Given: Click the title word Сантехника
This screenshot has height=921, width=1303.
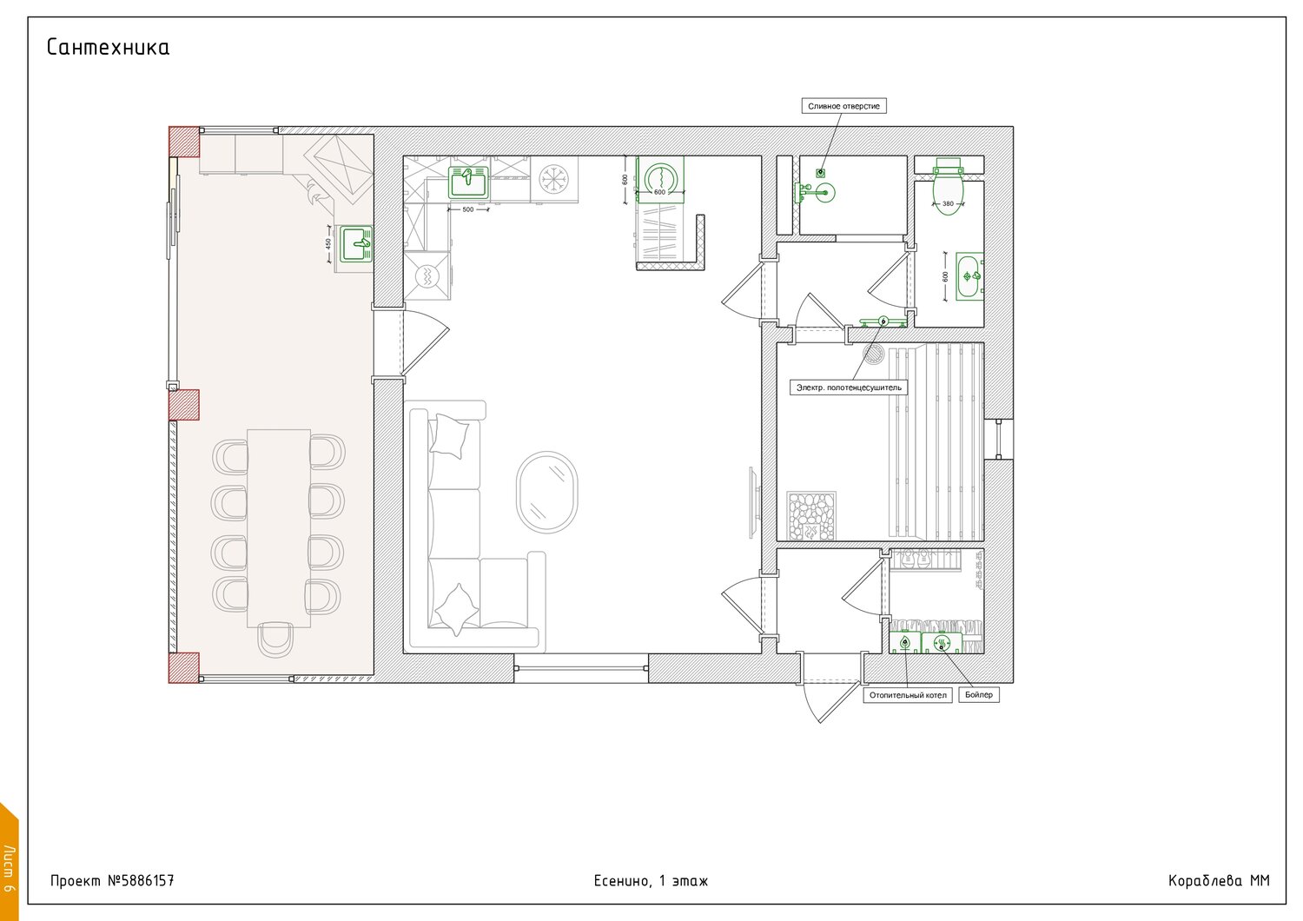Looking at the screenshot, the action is pyautogui.click(x=108, y=47).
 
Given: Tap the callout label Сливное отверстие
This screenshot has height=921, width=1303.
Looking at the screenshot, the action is pyautogui.click(x=843, y=106).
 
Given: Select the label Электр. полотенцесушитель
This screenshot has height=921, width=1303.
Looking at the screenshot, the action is pyautogui.click(x=848, y=388).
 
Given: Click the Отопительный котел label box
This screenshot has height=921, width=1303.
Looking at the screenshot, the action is pyautogui.click(x=908, y=695).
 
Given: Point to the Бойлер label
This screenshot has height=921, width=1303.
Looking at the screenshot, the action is pyautogui.click(x=978, y=695).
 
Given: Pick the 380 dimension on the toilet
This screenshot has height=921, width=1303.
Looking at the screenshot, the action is pyautogui.click(x=949, y=203).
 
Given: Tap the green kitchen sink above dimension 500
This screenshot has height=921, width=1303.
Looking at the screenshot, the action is pyautogui.click(x=468, y=182).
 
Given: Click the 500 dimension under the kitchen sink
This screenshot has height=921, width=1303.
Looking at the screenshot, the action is pyautogui.click(x=468, y=209).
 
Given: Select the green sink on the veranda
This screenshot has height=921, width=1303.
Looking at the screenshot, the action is pyautogui.click(x=356, y=244).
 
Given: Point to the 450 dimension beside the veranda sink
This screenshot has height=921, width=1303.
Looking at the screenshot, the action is pyautogui.click(x=328, y=244).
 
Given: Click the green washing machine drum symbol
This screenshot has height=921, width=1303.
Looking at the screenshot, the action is pyautogui.click(x=660, y=177).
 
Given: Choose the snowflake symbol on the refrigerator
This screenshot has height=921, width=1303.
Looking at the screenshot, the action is pyautogui.click(x=553, y=179).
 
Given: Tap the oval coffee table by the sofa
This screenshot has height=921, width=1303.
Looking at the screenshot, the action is pyautogui.click(x=546, y=492).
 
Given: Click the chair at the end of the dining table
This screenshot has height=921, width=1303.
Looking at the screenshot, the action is pyautogui.click(x=275, y=640).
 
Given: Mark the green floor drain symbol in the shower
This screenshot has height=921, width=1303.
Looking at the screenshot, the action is pyautogui.click(x=820, y=173).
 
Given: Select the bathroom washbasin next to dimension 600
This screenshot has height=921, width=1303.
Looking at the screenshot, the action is pyautogui.click(x=969, y=276).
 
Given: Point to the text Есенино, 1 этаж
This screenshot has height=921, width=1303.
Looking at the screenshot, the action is pyautogui.click(x=651, y=881).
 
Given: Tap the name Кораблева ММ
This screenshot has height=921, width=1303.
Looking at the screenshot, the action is pyautogui.click(x=1219, y=881).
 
